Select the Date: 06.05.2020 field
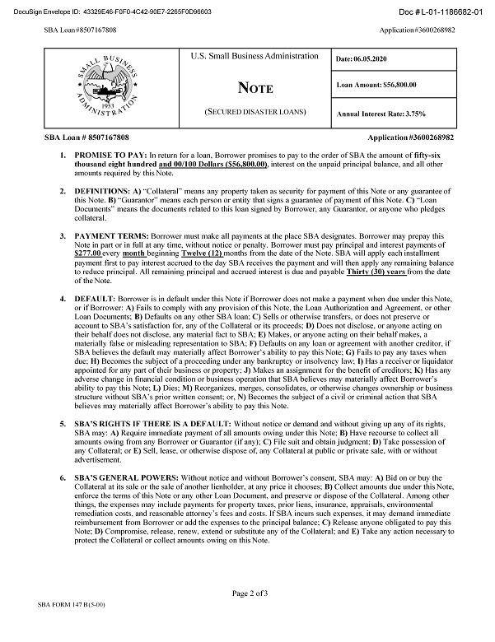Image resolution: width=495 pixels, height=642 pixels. coord(365,59)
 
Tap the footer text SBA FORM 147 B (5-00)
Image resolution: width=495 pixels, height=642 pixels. coord(78,628)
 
